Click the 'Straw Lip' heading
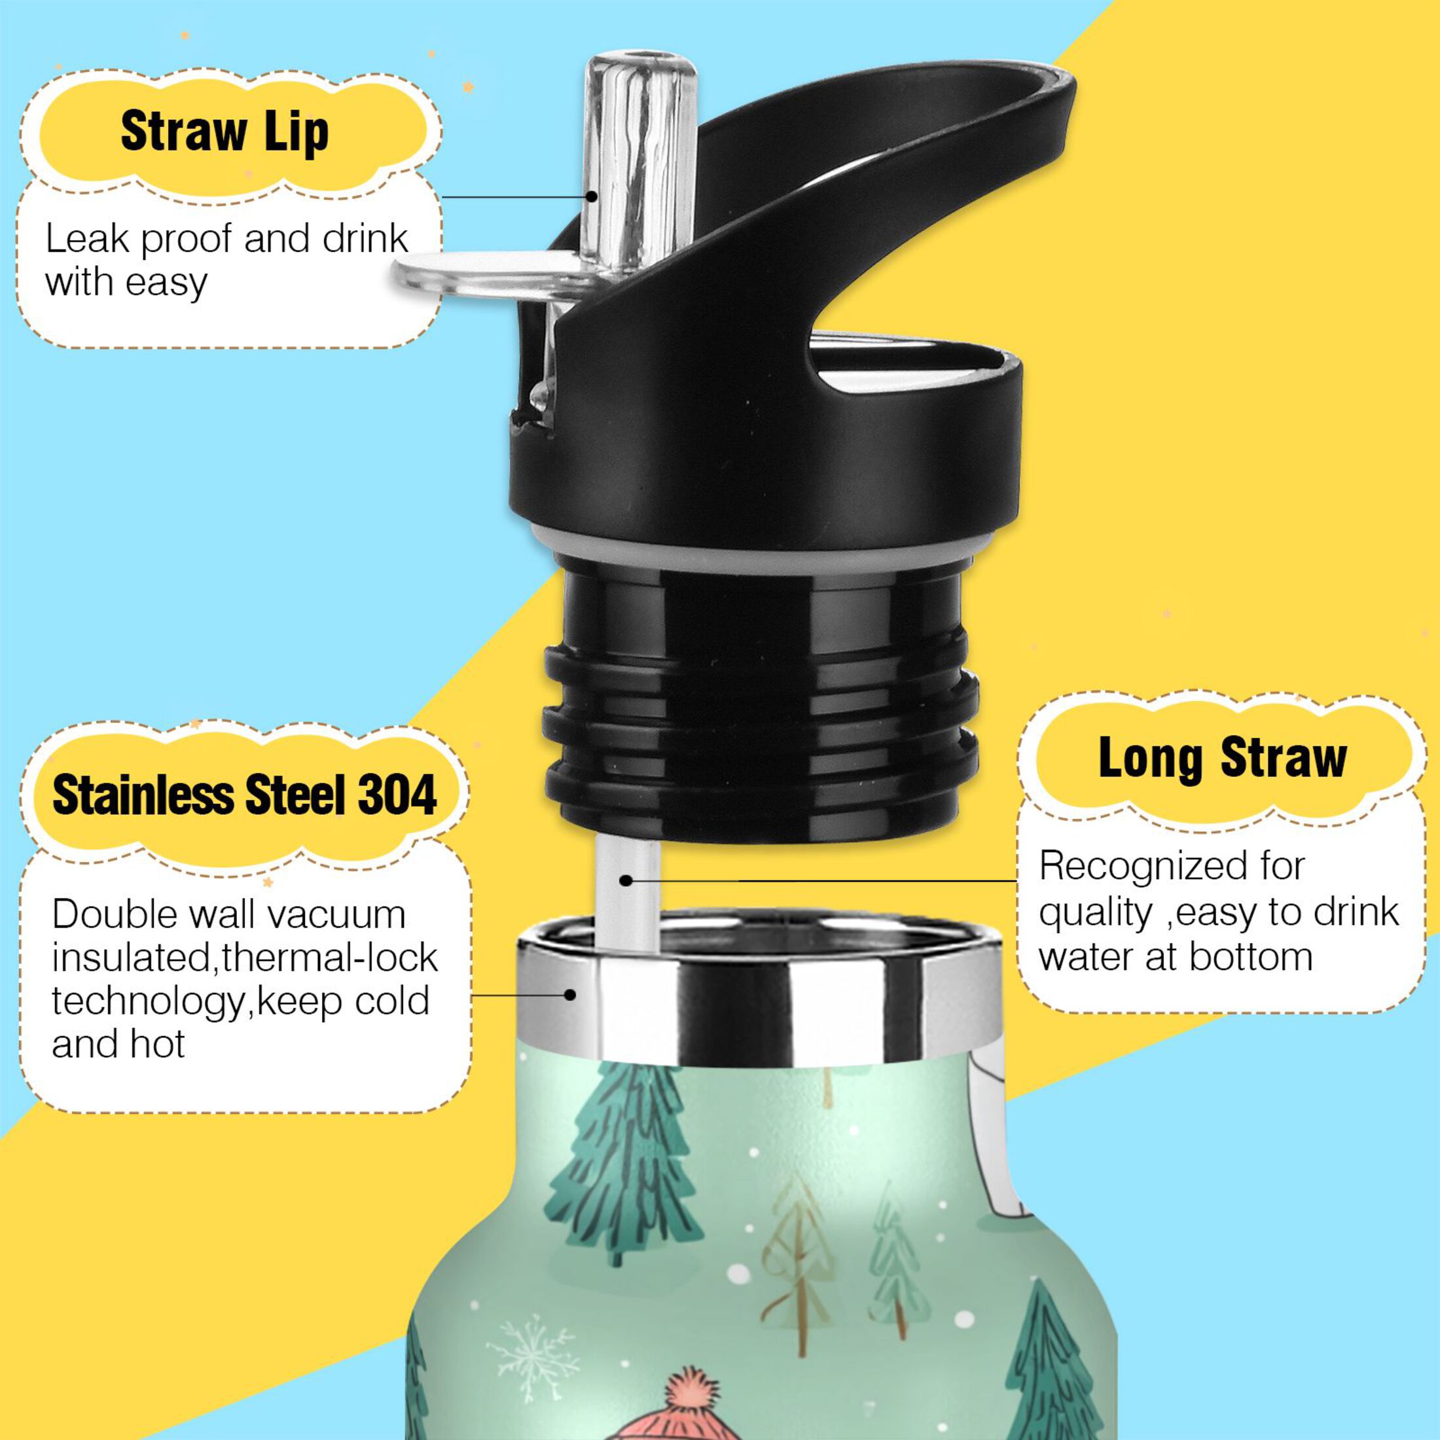tap(225, 133)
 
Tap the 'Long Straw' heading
tap(1222, 758)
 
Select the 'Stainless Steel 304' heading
tap(244, 795)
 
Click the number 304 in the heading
tap(397, 795)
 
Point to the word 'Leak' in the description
tap(86, 240)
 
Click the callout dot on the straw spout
tap(591, 197)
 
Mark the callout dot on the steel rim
tap(570, 994)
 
